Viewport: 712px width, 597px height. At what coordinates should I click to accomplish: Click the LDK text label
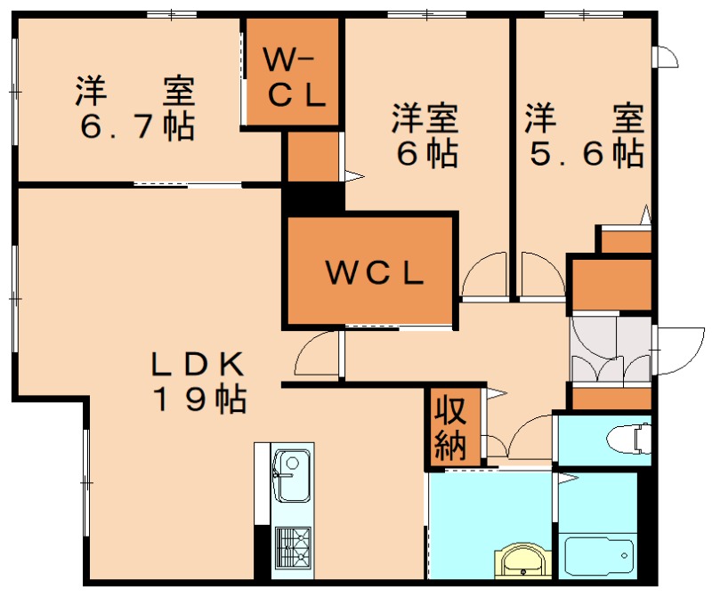(197, 363)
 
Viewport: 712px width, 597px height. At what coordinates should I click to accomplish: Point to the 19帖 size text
(199, 399)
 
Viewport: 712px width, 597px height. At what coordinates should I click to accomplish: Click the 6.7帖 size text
(136, 127)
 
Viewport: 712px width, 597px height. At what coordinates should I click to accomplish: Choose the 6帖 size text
(426, 154)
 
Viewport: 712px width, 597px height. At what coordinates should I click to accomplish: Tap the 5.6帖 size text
(587, 154)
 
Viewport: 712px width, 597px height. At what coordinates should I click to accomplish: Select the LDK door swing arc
(316, 354)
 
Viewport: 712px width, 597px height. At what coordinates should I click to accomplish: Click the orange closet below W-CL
(312, 157)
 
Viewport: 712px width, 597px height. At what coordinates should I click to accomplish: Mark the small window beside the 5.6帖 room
(666, 55)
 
